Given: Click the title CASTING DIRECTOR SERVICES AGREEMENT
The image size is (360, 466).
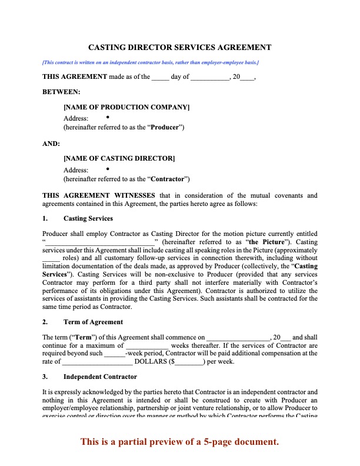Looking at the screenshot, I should point(179,47).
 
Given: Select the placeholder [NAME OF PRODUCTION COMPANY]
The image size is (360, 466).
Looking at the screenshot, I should point(126,107).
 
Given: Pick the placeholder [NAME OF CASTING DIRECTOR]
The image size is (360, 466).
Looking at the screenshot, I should point(119,158).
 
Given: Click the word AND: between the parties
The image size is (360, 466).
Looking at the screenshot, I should point(51,143).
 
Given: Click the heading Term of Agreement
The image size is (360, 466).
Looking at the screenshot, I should point(93,322).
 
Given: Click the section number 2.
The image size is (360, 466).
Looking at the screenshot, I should point(45,322).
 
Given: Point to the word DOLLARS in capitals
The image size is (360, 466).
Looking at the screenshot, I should point(152,362).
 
